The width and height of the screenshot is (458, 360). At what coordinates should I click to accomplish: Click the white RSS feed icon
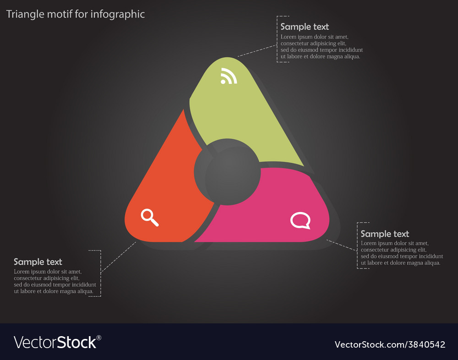[229, 76]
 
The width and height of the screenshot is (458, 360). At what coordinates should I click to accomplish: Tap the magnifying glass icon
[150, 218]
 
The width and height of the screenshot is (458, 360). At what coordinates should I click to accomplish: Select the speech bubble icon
[300, 221]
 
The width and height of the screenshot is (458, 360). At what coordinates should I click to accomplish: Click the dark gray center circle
[227, 172]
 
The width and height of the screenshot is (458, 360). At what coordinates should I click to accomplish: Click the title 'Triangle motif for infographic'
[76, 14]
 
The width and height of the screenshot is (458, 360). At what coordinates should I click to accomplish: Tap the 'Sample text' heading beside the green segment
[305, 27]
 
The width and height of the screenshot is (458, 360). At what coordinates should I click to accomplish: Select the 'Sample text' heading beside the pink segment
[385, 234]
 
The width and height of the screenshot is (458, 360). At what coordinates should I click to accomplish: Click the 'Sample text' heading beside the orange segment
[38, 262]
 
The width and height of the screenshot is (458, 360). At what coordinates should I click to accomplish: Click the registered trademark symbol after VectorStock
[99, 338]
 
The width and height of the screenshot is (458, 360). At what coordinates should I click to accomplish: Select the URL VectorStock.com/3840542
[390, 344]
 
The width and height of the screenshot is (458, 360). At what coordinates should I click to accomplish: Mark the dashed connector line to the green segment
[257, 50]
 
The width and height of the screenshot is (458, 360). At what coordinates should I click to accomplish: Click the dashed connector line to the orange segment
[118, 257]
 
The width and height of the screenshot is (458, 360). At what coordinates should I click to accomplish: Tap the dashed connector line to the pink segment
[342, 245]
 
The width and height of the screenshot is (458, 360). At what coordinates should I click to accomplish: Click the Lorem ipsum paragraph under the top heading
[322, 47]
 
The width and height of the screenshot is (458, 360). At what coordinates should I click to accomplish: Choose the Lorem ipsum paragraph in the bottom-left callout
[55, 281]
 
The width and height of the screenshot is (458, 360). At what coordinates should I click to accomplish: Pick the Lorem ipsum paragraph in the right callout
[402, 253]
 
